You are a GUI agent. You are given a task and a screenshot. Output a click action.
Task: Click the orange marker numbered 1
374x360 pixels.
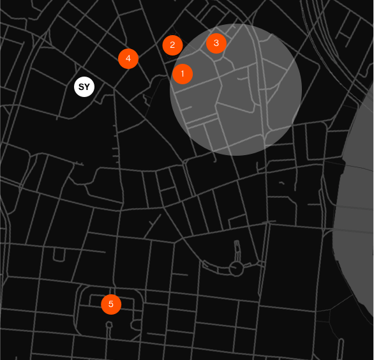(x=183, y=74)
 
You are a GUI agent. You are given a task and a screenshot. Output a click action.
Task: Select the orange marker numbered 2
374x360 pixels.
(x=172, y=45)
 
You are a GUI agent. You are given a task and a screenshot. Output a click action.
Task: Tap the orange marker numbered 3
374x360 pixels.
(x=216, y=43)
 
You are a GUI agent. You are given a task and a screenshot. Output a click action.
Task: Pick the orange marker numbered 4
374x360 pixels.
(x=128, y=59)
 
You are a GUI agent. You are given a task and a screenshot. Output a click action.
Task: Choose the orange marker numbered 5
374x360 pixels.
(x=111, y=304)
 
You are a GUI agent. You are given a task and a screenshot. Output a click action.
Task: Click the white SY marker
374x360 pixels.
(x=84, y=87)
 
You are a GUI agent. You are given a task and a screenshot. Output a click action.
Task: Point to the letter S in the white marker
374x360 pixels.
(x=81, y=87)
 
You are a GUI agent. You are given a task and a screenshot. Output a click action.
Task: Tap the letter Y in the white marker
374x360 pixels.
(x=87, y=87)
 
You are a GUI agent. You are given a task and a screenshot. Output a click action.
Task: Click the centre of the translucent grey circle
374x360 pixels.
(x=236, y=89)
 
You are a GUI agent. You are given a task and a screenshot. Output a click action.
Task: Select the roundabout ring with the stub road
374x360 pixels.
(x=236, y=269)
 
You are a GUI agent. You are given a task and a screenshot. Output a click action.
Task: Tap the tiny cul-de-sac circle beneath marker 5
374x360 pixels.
(x=108, y=325)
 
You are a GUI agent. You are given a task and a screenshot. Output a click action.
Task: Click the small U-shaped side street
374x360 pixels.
(x=60, y=255)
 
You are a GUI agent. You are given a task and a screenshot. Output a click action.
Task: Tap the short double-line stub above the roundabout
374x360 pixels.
(x=237, y=249)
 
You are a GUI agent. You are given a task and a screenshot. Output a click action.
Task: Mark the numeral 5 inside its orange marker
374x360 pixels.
(x=111, y=304)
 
